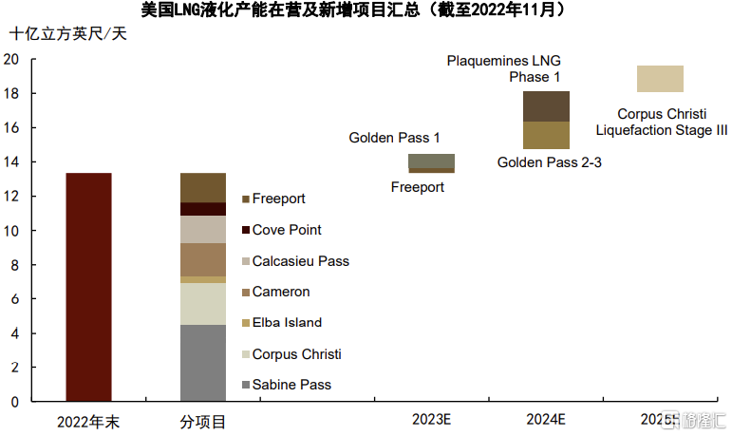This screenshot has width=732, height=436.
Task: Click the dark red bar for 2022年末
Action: pos(88,287)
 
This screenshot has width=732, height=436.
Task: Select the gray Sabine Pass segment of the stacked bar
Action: pos(203,363)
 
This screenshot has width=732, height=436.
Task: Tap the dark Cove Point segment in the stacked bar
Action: pos(203,209)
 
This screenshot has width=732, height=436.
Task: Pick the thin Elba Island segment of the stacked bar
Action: pos(203,279)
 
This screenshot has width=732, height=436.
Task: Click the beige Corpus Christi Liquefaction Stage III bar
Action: pos(660,79)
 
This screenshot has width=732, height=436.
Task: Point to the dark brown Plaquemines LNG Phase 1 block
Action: pos(546,106)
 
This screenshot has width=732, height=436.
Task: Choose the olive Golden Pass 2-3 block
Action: pos(546,135)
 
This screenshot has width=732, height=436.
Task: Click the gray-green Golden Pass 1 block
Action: pos(431,161)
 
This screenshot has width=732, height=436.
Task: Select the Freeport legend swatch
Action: pos(246,199)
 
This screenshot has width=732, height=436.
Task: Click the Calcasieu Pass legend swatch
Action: pos(246,261)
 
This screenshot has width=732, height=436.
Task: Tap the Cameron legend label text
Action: pos(281,292)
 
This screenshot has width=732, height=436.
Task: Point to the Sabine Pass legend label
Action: pos(291,385)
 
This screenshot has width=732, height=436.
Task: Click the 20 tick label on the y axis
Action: pos(11,59)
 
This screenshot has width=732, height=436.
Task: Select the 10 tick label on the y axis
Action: pos(11,231)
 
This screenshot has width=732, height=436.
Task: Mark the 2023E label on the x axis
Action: pos(431,419)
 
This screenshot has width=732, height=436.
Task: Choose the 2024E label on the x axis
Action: pos(546,419)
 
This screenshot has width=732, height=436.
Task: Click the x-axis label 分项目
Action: pos(203,422)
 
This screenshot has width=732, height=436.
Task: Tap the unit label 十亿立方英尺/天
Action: pos(68,33)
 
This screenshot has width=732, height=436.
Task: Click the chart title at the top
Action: pos(353,9)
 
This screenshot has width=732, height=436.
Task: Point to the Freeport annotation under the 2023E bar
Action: pos(418,187)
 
